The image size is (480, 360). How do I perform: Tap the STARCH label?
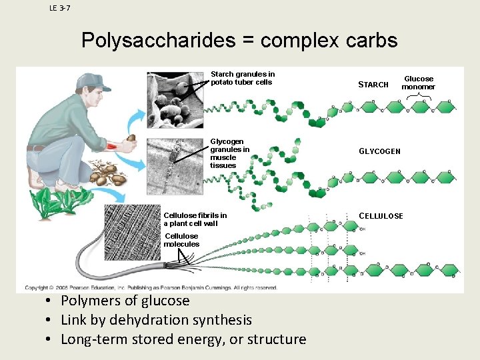[373, 85]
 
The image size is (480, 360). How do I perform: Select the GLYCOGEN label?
[379, 151]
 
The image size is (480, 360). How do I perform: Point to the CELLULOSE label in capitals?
[381, 216]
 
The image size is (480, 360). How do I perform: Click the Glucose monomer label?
[418, 83]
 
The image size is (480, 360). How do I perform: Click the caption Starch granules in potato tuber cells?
[242, 78]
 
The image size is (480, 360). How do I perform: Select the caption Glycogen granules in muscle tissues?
[229, 153]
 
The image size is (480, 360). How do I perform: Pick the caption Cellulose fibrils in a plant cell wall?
[195, 219]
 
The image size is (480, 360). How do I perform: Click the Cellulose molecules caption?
[181, 240]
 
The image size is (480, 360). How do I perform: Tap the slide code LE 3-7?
[60, 8]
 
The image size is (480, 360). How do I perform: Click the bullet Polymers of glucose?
[125, 301]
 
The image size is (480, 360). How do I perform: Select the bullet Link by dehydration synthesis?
[156, 320]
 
